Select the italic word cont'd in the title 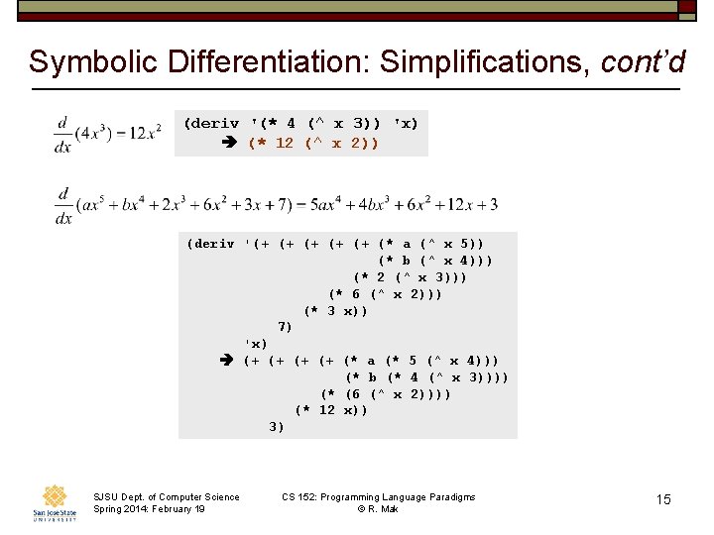point(644,62)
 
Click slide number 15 point(663,499)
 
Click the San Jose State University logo point(54,503)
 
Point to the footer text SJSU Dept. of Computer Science point(166,497)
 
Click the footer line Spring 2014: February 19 point(149,509)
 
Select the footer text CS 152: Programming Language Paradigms point(378,497)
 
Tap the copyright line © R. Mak point(378,509)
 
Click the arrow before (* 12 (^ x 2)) point(229,143)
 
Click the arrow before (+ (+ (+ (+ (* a point(227,361)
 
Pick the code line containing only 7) point(285,327)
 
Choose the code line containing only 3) point(277,427)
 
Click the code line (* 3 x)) point(335,310)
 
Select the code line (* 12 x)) point(331,410)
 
